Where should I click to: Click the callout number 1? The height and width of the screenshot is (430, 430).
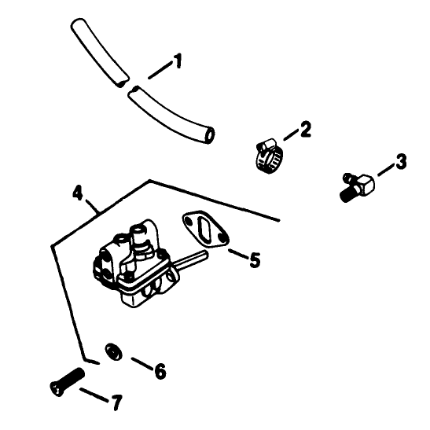(178, 61)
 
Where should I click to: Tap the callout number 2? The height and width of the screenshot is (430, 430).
(305, 129)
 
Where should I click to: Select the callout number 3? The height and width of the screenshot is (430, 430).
(401, 161)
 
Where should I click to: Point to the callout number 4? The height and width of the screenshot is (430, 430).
(77, 193)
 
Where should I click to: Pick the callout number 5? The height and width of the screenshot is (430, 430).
(255, 259)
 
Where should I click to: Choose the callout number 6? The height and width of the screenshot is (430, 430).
(160, 371)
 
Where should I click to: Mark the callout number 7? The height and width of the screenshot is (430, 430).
(116, 402)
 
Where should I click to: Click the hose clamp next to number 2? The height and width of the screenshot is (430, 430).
(269, 156)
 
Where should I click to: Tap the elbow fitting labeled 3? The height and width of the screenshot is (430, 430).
(358, 186)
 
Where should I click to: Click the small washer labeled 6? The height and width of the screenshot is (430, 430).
(113, 351)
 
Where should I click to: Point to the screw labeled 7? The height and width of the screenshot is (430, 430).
(68, 382)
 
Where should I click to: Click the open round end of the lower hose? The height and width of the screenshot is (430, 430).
(210, 135)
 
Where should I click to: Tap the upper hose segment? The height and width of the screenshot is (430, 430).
(100, 53)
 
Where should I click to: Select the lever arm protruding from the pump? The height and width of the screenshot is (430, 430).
(190, 259)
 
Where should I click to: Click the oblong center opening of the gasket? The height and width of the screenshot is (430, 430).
(205, 229)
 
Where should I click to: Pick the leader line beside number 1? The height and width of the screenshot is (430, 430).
(159, 71)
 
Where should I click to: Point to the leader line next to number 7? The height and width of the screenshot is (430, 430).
(94, 395)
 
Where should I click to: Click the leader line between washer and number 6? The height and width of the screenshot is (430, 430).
(142, 363)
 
